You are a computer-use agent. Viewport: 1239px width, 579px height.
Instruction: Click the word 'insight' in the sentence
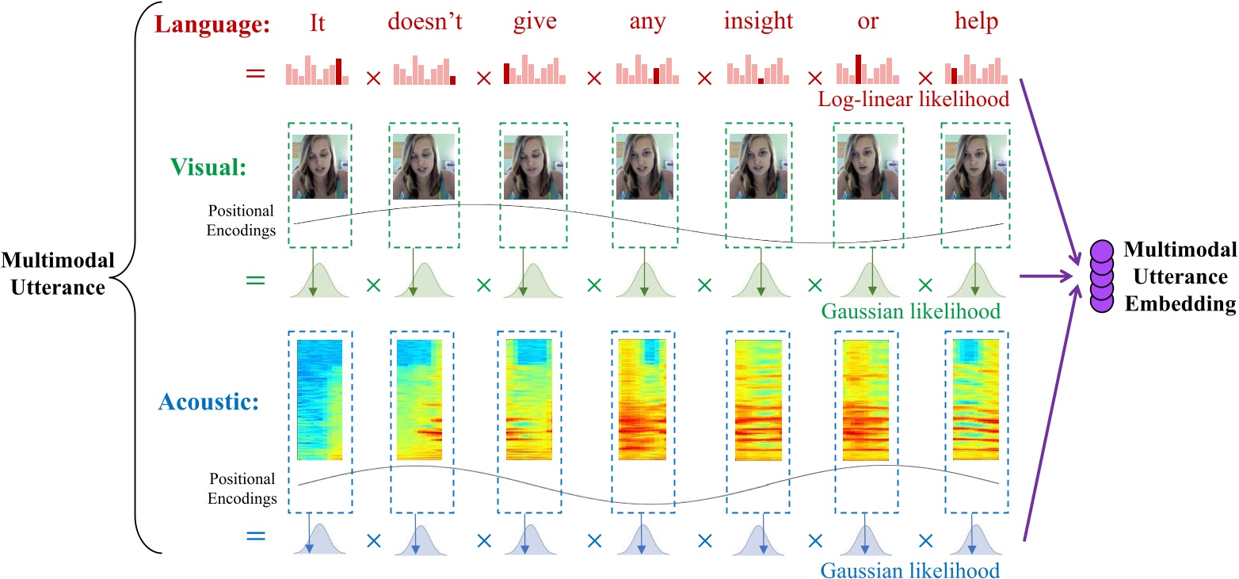point(759,22)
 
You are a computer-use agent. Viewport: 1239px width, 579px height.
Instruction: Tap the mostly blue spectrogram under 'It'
point(319,400)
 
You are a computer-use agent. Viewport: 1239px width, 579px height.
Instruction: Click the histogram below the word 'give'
point(535,71)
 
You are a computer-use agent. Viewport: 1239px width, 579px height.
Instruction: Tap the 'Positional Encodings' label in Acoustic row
point(241,489)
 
